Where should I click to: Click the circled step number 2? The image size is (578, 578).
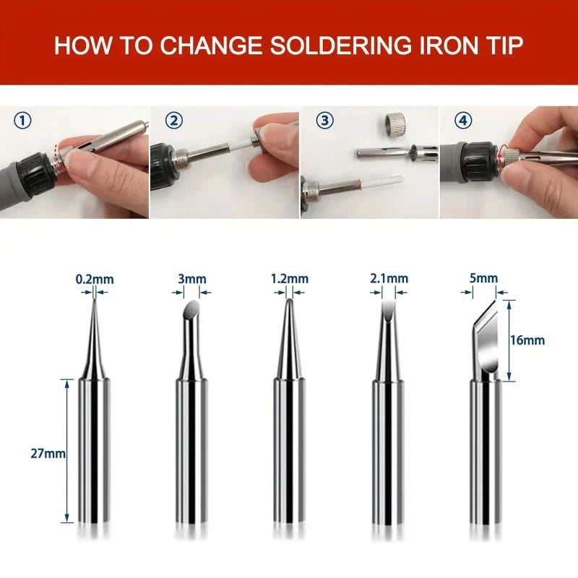tap(173, 121)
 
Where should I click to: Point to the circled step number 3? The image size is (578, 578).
tap(323, 121)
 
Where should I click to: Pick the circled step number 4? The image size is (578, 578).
tap(463, 121)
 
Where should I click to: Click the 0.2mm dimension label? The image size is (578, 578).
tap(95, 279)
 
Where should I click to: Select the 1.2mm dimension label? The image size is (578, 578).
tap(289, 279)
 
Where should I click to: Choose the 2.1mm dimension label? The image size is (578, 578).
tap(389, 279)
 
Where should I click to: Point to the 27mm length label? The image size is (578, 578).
tap(48, 454)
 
